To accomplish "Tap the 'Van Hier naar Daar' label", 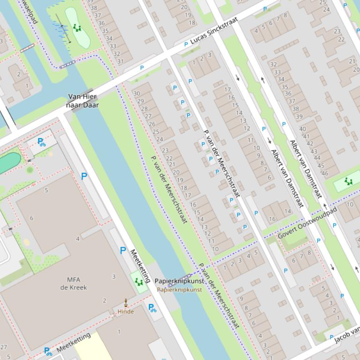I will (x=82, y=101).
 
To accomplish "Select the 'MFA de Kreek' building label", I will (x=73, y=283).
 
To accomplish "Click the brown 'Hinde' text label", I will (x=125, y=311).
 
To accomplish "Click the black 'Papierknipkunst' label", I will (x=179, y=281).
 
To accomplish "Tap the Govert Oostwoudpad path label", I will (x=308, y=223).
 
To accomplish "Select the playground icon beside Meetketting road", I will (x=138, y=281).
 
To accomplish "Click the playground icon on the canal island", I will (x=77, y=28).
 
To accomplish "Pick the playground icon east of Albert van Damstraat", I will (x=348, y=181).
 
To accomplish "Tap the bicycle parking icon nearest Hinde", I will (x=152, y=308).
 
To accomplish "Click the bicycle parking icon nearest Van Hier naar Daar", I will (x=41, y=142).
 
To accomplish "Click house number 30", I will (x=137, y=94).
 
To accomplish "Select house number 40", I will (x=302, y=129).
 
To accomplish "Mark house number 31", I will (x=120, y=61).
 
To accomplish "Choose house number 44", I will (x=316, y=159).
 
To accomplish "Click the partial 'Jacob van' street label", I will (x=347, y=336).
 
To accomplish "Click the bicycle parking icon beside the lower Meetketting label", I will (x=48, y=351).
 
